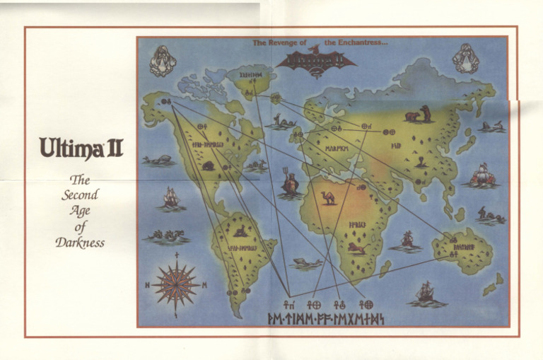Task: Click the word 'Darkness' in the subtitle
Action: (80, 243)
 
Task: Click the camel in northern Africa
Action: (329, 197)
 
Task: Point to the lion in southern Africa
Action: (356, 248)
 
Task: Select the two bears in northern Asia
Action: (419, 113)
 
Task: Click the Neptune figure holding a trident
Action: (290, 182)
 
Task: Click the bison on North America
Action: (208, 166)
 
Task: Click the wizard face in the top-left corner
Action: (163, 59)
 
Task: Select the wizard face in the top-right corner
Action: (467, 58)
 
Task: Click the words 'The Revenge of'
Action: (279, 44)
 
